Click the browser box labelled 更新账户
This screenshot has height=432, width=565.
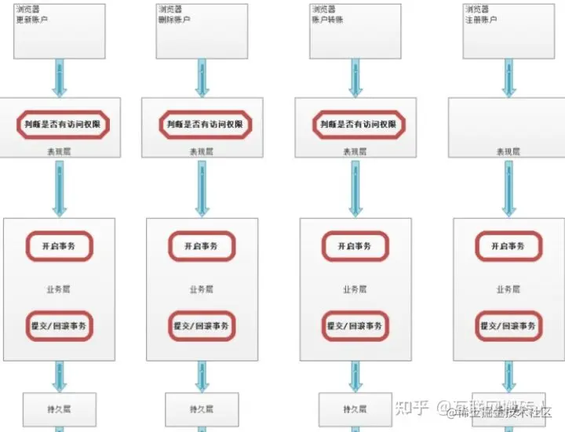[x=60, y=31]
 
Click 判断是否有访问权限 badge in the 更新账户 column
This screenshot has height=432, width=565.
[x=63, y=124]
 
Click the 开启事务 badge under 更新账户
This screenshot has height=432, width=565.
[x=60, y=246]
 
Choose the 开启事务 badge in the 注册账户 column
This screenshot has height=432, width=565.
[x=508, y=246]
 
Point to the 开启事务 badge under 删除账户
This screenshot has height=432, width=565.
[x=202, y=246]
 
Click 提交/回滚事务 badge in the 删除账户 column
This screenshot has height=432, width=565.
[x=202, y=326]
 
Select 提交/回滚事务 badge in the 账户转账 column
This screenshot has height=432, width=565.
[x=355, y=326]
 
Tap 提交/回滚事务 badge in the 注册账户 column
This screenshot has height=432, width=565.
[x=508, y=326]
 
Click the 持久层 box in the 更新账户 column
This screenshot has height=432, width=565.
[x=60, y=408]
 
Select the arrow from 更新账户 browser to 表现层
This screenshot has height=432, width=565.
[x=60, y=78]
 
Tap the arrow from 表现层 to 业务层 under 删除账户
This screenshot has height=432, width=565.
[x=202, y=188]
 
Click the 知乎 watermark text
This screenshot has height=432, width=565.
[x=412, y=408]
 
